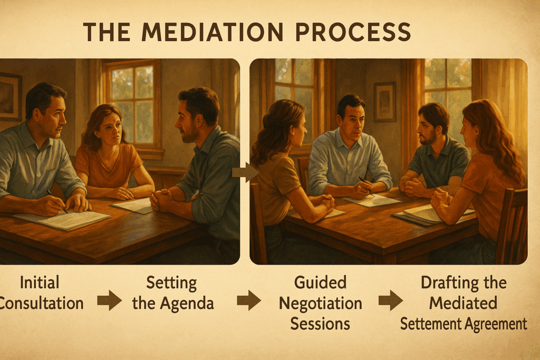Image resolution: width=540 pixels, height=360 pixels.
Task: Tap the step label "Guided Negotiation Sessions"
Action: click(x=320, y=303)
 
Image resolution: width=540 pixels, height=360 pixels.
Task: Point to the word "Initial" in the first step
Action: click(x=40, y=283)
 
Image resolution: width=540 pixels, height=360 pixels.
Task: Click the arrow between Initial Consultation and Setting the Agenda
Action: click(x=109, y=301)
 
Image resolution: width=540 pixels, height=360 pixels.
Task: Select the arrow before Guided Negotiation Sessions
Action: click(x=248, y=300)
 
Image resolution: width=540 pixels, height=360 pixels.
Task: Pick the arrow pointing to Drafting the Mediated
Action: click(x=390, y=300)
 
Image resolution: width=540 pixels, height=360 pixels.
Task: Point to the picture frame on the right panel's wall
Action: click(x=384, y=101)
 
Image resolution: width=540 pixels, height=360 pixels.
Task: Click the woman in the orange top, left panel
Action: click(x=111, y=153)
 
